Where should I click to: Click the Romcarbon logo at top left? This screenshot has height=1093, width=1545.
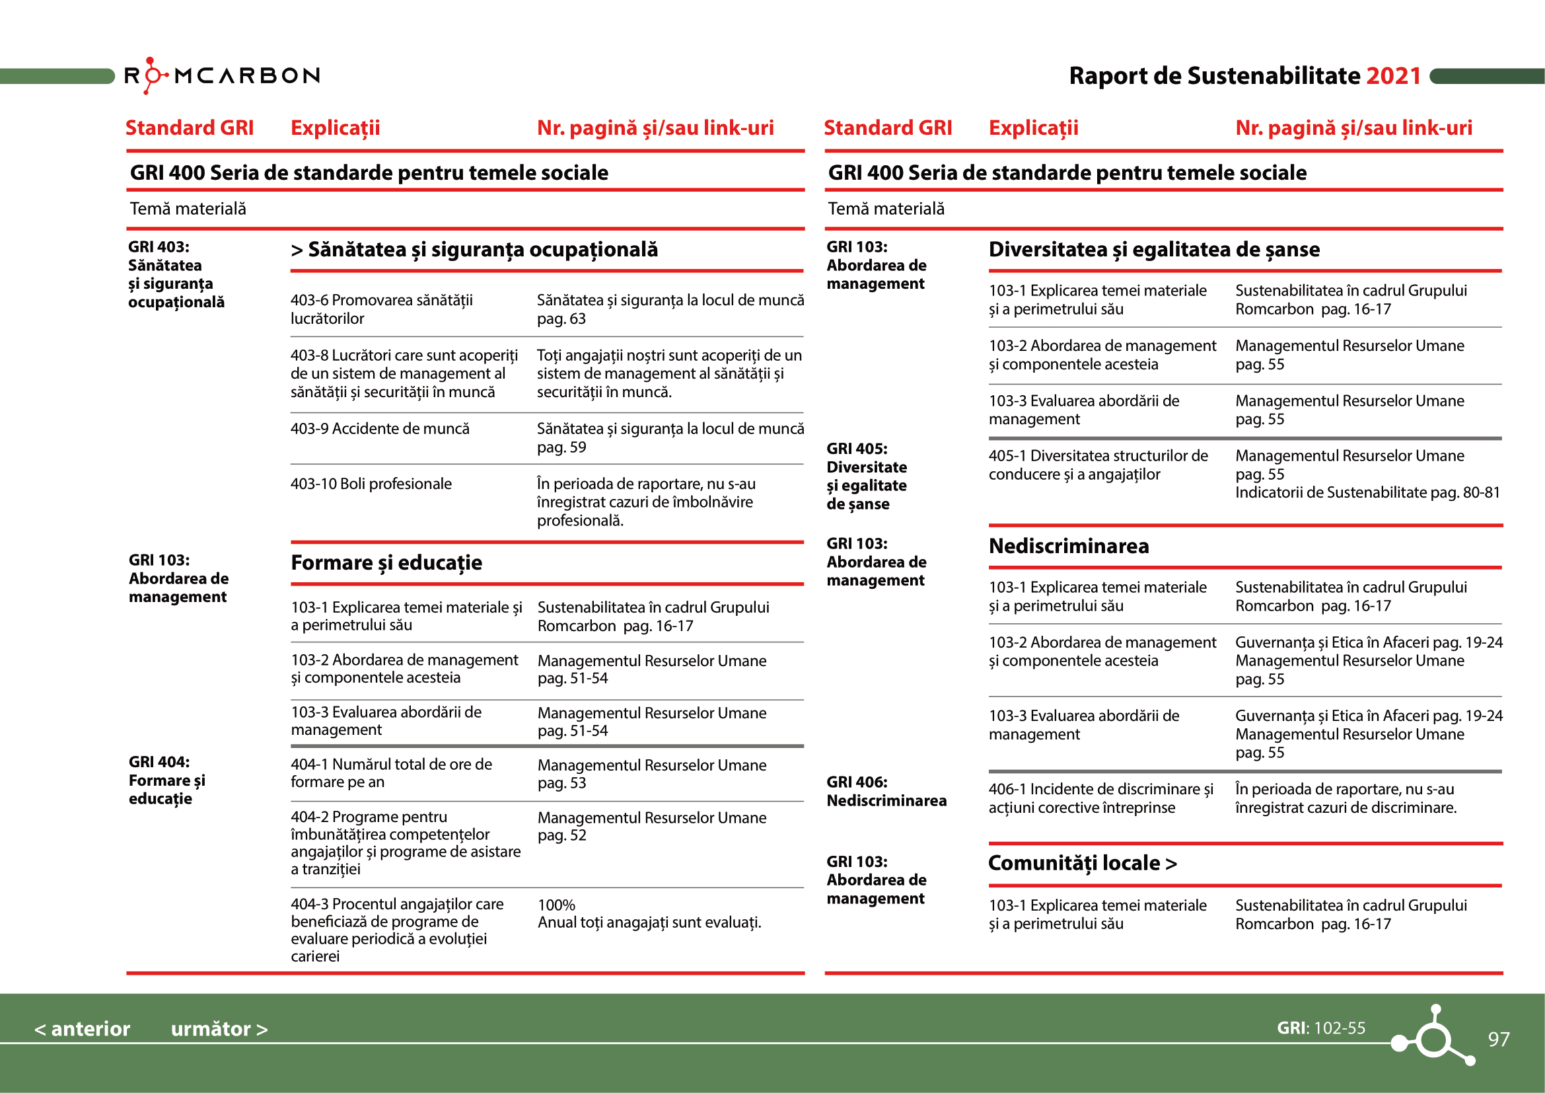222,75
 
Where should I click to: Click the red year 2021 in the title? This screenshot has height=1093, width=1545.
1393,76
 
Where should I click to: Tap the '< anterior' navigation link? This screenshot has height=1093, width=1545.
82,1029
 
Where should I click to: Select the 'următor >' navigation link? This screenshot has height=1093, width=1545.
219,1029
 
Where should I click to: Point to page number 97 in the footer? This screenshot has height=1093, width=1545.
1499,1039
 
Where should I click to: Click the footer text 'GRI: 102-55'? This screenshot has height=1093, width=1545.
1321,1028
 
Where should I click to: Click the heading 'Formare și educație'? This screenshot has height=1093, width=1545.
386,562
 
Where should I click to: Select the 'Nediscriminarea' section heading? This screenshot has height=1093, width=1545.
1069,546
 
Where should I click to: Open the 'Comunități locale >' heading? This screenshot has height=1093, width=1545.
1082,863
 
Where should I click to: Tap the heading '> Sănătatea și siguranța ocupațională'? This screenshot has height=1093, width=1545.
474,250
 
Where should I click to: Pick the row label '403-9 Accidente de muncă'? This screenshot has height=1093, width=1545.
380,429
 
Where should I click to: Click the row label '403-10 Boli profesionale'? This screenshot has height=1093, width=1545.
371,484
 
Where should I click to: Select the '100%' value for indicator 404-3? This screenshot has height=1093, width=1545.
556,905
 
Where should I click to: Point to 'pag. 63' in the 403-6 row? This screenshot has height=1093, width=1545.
561,319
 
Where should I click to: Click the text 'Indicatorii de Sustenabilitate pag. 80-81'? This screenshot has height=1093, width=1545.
1367,493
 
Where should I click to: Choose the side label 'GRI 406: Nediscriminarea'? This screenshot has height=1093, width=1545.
886,792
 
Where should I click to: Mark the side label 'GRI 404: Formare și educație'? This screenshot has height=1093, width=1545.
167,780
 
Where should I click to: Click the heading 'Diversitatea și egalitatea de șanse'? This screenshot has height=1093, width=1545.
1154,250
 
